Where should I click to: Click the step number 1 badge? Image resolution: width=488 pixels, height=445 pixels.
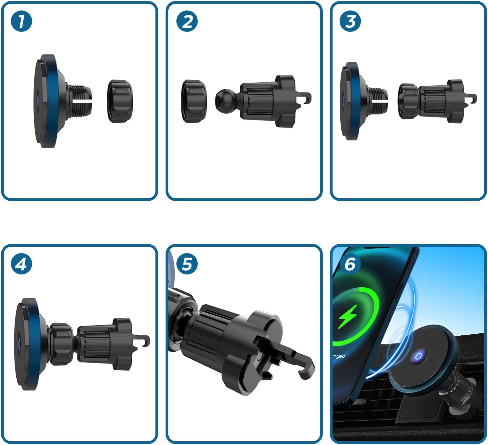pyautogui.click(x=21, y=21)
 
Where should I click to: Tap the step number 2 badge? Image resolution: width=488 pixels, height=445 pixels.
pyautogui.click(x=187, y=21)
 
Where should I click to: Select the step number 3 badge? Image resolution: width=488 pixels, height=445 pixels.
pyautogui.click(x=350, y=21)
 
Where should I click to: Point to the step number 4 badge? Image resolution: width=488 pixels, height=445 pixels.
pyautogui.click(x=21, y=264)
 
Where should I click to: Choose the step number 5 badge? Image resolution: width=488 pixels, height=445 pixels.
pyautogui.click(x=187, y=264)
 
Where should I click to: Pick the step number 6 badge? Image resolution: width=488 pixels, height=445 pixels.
pyautogui.click(x=350, y=264)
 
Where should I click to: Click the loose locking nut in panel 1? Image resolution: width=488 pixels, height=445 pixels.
pyautogui.click(x=120, y=101)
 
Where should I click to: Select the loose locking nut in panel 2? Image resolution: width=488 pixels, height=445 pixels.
pyautogui.click(x=194, y=101)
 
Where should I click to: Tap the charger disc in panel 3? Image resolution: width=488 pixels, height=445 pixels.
pyautogui.click(x=350, y=101)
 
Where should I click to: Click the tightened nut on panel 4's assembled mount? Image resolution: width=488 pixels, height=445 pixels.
pyautogui.click(x=61, y=344)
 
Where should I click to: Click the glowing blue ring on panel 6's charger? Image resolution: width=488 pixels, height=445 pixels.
pyautogui.click(x=418, y=356)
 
